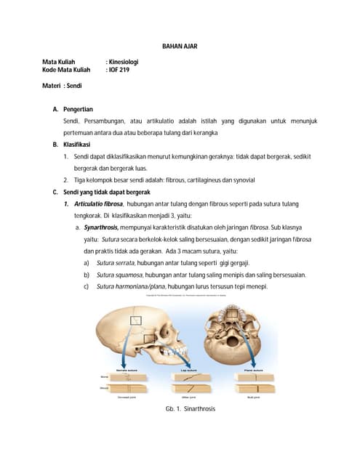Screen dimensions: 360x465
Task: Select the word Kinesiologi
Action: pyautogui.click(x=124, y=62)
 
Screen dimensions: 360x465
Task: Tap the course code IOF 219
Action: pyautogui.click(x=118, y=70)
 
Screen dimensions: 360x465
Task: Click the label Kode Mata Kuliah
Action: pyautogui.click(x=67, y=70)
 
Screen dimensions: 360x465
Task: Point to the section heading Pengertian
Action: pyautogui.click(x=79, y=109)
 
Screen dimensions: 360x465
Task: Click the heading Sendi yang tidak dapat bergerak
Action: pyautogui.click(x=106, y=193)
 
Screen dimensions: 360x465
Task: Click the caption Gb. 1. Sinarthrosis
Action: pyautogui.click(x=191, y=409)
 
